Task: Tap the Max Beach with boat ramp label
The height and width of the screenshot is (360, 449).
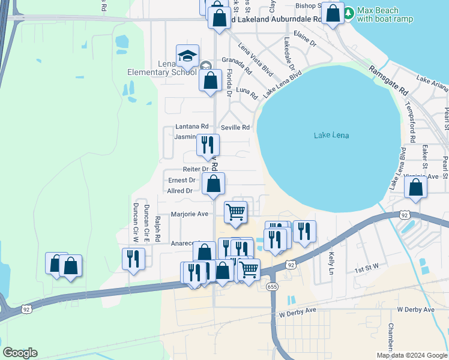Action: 385,14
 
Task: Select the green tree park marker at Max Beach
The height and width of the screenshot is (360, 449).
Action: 349,11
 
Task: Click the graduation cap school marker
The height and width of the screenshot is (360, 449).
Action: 187,56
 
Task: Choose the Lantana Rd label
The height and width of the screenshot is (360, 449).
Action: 191,127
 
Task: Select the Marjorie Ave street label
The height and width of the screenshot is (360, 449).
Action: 190,214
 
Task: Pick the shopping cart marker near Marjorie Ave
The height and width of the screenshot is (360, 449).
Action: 235,212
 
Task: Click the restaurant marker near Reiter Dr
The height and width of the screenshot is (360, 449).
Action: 208,145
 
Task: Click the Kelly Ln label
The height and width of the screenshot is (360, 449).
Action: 331,263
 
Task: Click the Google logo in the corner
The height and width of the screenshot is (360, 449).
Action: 20,353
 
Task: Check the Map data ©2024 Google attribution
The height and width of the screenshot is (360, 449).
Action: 412,355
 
